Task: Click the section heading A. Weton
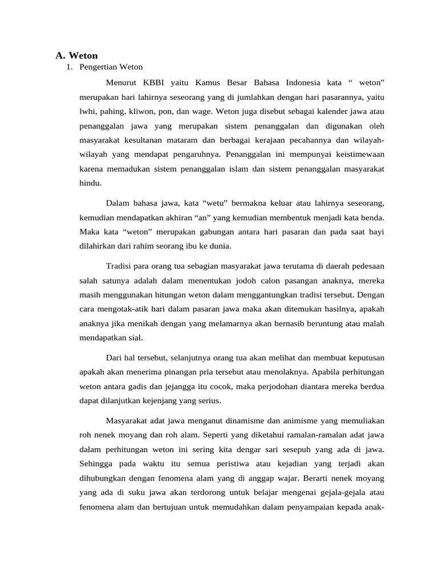coord(76,55)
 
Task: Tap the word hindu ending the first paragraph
coord(90,183)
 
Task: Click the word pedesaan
coord(366,266)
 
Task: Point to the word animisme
coord(284,420)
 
